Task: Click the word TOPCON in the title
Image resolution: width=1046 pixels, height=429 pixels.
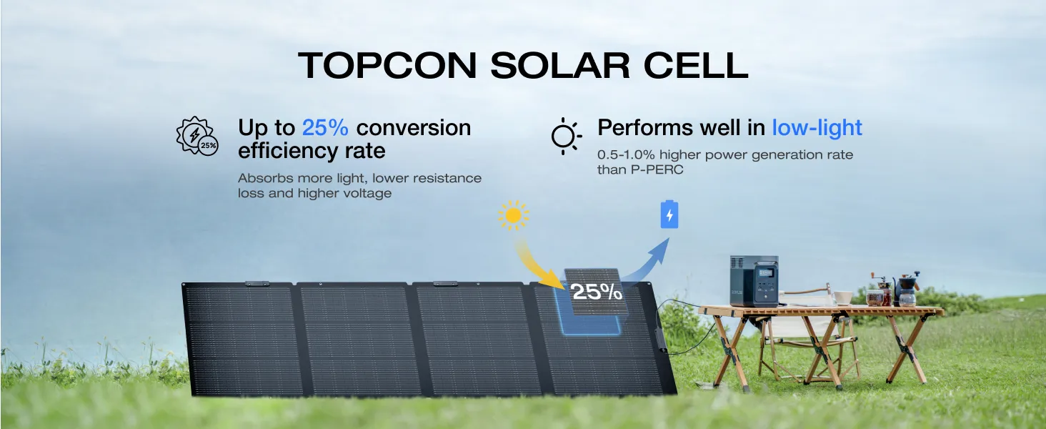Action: (x=387, y=65)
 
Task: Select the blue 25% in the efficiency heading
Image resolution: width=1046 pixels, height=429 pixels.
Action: (x=325, y=128)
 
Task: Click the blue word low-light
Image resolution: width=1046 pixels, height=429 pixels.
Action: (x=817, y=128)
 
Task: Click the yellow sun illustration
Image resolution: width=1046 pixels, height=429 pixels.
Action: (x=513, y=215)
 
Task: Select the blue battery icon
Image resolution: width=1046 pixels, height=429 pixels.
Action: (x=669, y=214)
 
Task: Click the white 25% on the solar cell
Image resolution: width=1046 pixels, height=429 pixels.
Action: (x=596, y=292)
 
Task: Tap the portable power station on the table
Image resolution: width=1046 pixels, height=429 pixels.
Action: (x=754, y=282)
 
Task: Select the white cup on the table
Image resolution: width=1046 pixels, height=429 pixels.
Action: (x=843, y=297)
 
